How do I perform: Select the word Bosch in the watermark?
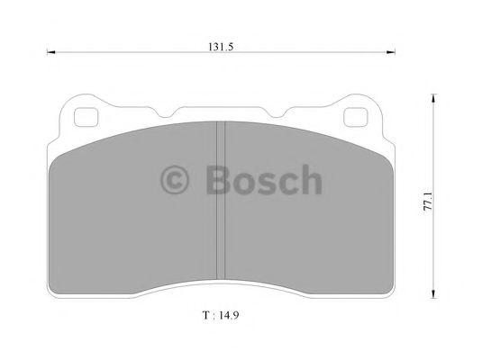click(x=262, y=180)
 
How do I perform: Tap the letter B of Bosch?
click(x=217, y=180)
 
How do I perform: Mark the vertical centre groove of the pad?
click(x=221, y=207)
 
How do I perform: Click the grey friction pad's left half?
click(x=135, y=216)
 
